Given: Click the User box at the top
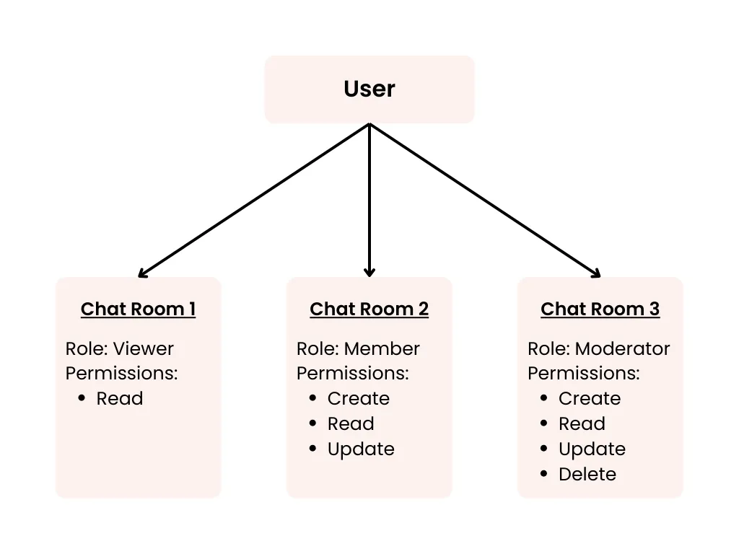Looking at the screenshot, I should click(369, 89).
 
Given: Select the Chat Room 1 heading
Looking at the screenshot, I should click(138, 309).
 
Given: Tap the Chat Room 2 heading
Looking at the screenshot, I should click(369, 309).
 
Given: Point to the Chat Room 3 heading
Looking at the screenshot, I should click(600, 309).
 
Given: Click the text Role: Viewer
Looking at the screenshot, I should click(120, 348).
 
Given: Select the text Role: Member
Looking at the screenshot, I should click(358, 348).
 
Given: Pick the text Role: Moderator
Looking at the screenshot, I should click(598, 348).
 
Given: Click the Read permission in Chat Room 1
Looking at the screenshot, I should click(119, 398).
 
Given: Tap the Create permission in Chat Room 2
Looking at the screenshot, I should click(358, 398).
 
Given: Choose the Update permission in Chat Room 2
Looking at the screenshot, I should click(361, 449).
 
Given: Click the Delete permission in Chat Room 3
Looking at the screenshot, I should click(587, 474).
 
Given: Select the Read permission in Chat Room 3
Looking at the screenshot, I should click(582, 423).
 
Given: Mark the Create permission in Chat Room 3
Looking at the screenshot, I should click(589, 398).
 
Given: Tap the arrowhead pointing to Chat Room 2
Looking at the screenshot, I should click(369, 272).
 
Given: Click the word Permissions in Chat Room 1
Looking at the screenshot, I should click(121, 373).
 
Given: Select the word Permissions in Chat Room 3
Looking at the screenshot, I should click(583, 373).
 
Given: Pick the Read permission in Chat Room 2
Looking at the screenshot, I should click(351, 423).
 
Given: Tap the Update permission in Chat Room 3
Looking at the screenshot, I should click(592, 449).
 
